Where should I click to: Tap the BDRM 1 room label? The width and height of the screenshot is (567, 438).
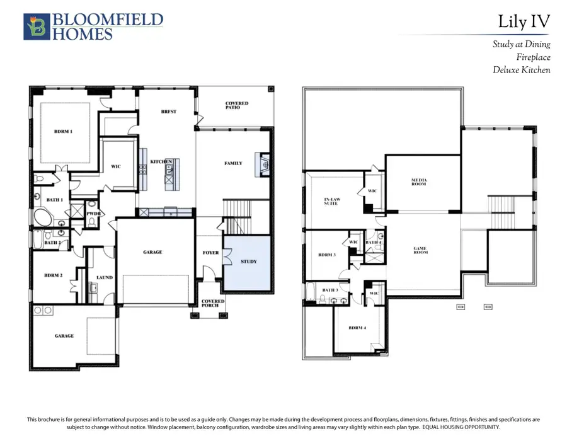coord(63,131)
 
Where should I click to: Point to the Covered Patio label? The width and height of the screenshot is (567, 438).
coord(237,105)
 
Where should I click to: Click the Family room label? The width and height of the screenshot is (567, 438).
coord(233,163)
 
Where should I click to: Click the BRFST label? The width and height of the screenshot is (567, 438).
coord(168,112)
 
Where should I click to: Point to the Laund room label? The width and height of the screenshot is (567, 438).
coord(105,277)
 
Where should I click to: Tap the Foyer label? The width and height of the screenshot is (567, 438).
coord(210,253)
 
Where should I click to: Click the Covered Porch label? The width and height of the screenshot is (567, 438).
coord(212,304)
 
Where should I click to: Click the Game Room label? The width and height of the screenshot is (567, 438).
coord(420,250)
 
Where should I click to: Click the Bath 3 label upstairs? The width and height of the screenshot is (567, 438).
coord(330,290)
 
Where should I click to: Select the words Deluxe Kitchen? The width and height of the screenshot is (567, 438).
coord(521,70)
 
